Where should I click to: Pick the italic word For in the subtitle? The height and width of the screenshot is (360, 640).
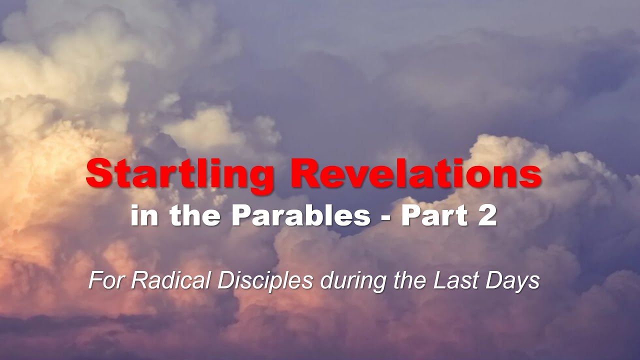click(103, 281)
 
